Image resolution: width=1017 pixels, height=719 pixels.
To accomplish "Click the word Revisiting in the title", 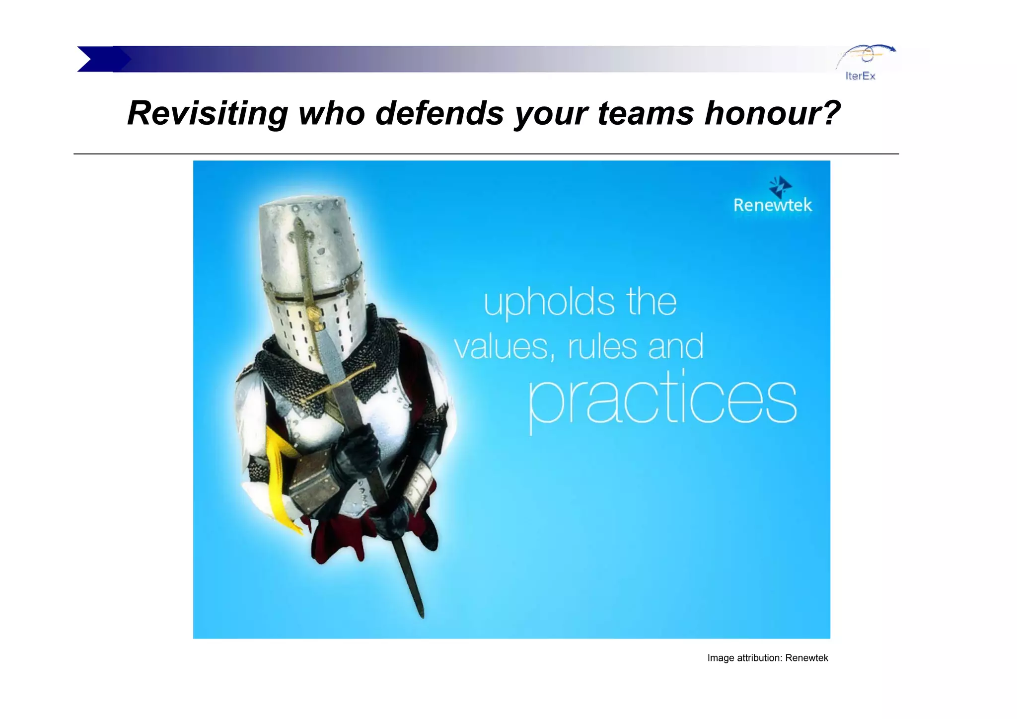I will pyautogui.click(x=208, y=113).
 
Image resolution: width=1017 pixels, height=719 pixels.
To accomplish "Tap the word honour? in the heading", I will pyautogui.click(x=772, y=113).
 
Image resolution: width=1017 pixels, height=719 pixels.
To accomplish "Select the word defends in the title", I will pyautogui.click(x=439, y=113).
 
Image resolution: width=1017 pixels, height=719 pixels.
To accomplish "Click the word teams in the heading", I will pyautogui.click(x=646, y=113).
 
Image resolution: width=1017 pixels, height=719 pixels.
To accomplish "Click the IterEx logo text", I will pyautogui.click(x=860, y=76).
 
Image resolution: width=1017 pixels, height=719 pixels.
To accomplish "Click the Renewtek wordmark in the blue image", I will pyautogui.click(x=773, y=205).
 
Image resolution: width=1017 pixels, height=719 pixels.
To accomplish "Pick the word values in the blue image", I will pyautogui.click(x=504, y=347).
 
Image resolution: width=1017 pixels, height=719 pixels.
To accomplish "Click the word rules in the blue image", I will pyautogui.click(x=602, y=347).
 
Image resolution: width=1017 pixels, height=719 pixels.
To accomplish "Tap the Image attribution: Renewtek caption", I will pyautogui.click(x=767, y=658).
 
